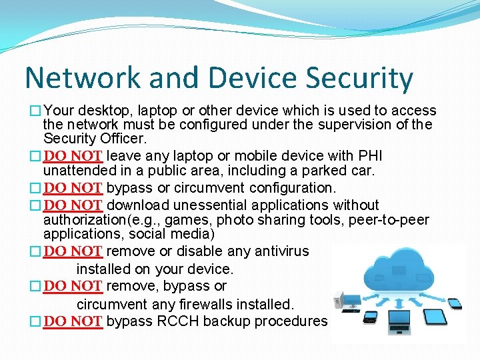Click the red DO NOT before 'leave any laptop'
[x=73, y=156]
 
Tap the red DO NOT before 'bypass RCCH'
[x=73, y=322]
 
